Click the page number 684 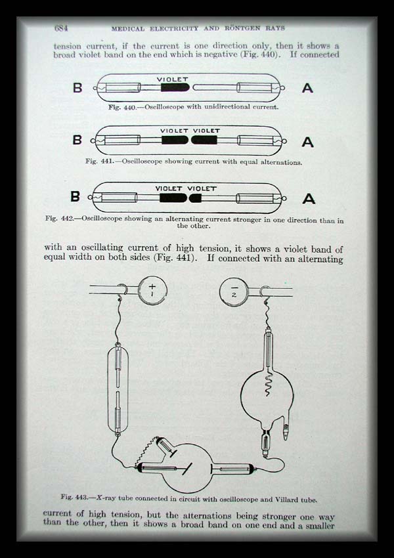pyautogui.click(x=61, y=28)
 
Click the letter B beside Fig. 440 pyautogui.click(x=77, y=87)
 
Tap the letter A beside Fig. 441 pyautogui.click(x=307, y=142)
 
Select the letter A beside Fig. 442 pyautogui.click(x=309, y=198)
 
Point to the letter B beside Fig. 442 pyautogui.click(x=75, y=196)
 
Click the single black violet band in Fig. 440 pyautogui.click(x=175, y=87)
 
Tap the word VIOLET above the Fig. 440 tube pyautogui.click(x=172, y=79)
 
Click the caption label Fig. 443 pyautogui.click(x=74, y=497)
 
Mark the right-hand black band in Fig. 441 pyautogui.click(x=204, y=140)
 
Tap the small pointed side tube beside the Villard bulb pyautogui.click(x=286, y=431)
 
